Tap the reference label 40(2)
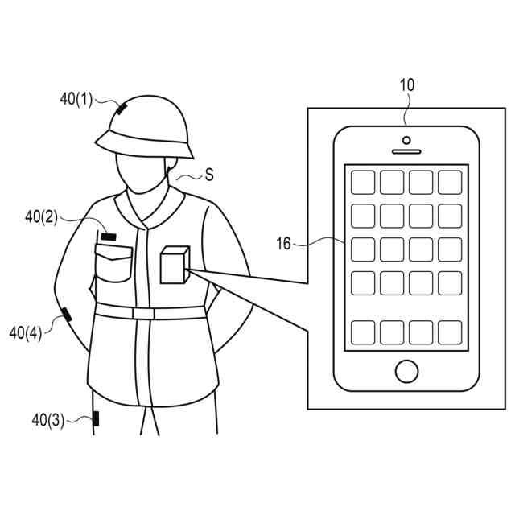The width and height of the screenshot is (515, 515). tap(41, 216)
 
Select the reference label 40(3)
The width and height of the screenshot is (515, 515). tap(47, 419)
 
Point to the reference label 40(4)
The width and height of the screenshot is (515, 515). tap(25, 332)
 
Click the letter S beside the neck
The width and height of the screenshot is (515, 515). tap(209, 175)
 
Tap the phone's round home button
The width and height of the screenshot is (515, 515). tap(407, 371)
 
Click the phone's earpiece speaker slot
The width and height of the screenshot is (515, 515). tap(407, 150)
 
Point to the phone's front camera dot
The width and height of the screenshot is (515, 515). tap(407, 140)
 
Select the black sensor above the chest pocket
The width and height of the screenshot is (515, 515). tap(107, 237)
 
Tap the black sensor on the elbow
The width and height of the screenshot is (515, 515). tap(65, 315)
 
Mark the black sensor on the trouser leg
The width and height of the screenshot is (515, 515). tap(96, 418)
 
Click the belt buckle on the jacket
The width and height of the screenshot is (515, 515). tap(143, 313)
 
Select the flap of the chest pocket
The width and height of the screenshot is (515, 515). tap(113, 253)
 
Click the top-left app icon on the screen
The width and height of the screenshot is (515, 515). tap(364, 182)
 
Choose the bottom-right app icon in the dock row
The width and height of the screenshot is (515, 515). tap(449, 332)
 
